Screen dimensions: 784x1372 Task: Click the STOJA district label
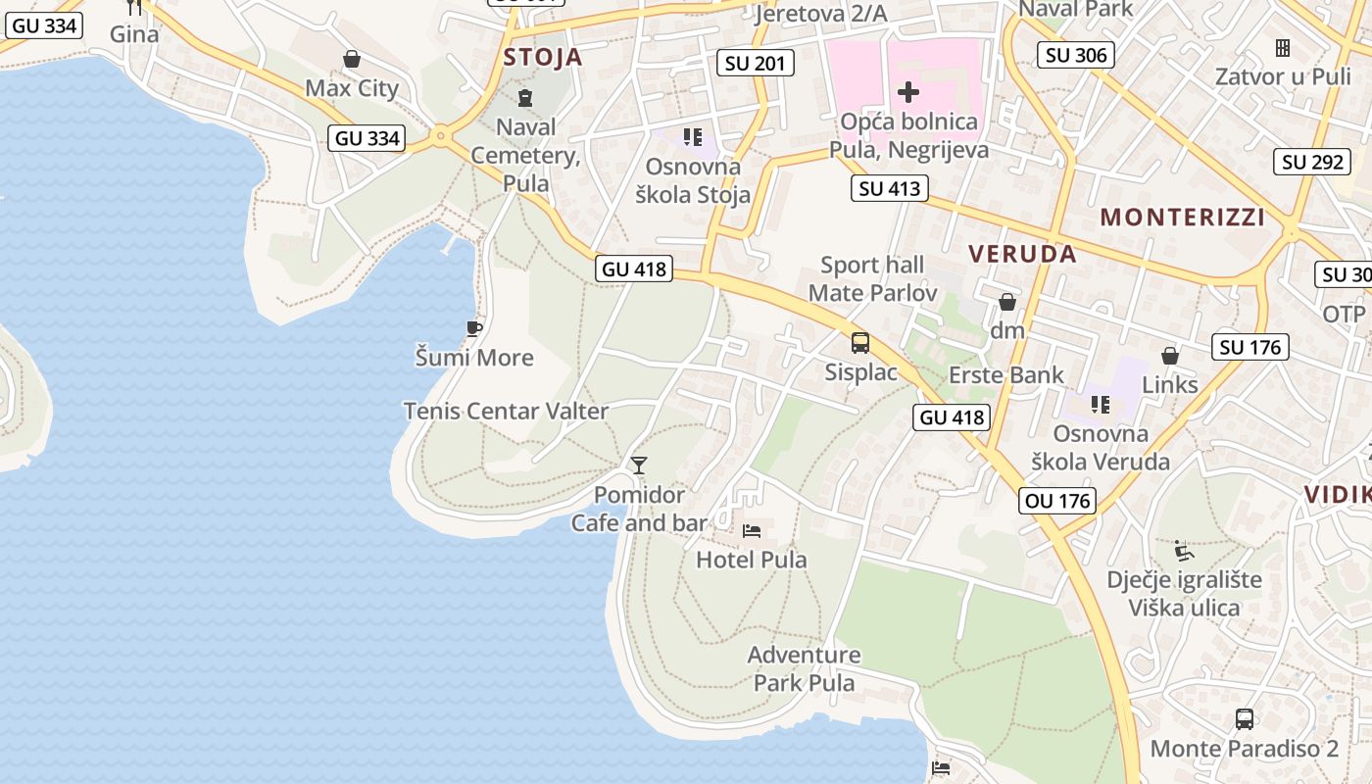click(543, 57)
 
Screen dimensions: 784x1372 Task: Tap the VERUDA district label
click(1022, 254)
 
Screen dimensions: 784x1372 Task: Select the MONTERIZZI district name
click(1183, 217)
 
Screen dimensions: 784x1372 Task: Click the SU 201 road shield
click(755, 64)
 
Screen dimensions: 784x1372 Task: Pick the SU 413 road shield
click(891, 188)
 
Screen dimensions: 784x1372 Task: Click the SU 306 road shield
click(1076, 55)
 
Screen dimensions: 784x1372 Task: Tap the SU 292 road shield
click(1312, 162)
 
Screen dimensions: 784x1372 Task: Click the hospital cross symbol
click(908, 93)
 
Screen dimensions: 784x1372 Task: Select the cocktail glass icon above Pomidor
click(639, 465)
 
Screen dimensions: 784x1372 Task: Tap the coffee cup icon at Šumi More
click(474, 328)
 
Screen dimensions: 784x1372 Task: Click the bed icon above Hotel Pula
click(752, 531)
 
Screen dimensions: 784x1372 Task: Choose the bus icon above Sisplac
click(859, 343)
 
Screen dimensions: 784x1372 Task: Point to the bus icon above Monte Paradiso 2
click(1244, 719)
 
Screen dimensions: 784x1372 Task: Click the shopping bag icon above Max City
click(352, 60)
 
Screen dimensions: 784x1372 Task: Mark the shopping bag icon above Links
click(1169, 356)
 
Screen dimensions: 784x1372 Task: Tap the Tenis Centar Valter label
click(506, 412)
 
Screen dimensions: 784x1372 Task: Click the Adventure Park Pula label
click(805, 668)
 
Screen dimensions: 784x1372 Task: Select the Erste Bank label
click(1005, 375)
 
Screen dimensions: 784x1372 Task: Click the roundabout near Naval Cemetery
click(441, 136)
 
